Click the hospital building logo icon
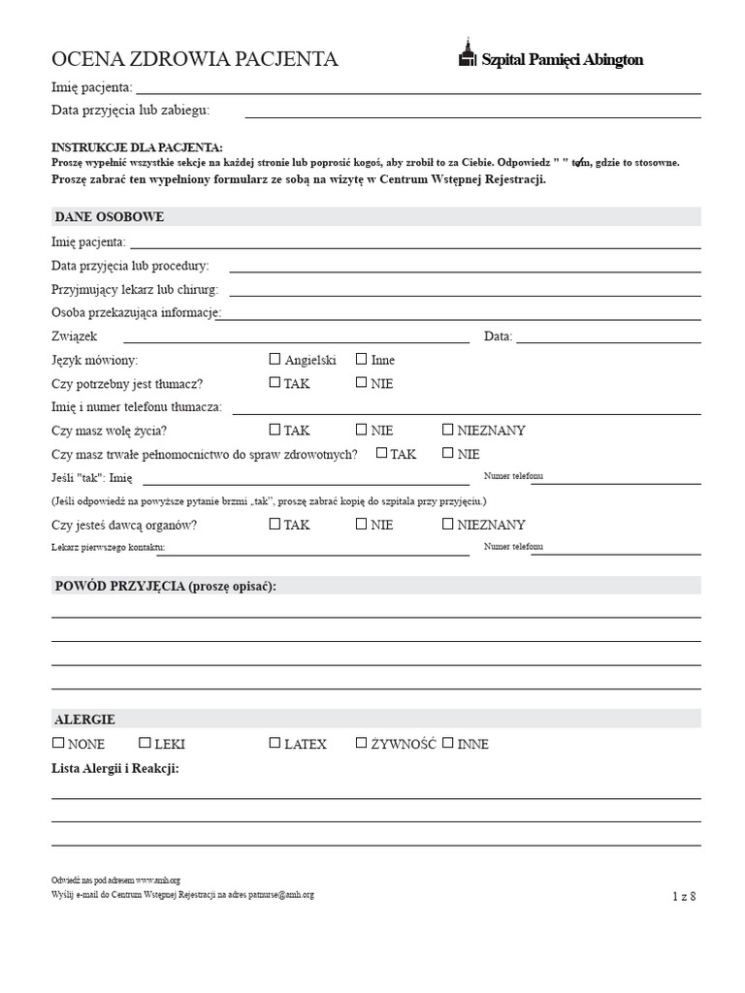[468, 55]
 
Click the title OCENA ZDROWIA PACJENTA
[194, 59]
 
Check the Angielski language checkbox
[275, 359]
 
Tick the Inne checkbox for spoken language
[361, 359]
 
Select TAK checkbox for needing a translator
[275, 383]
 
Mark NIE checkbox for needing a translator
[361, 383]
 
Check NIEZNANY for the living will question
[448, 430]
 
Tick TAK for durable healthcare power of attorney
[381, 453]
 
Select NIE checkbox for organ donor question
[361, 524]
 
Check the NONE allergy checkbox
[58, 744]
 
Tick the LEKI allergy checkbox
[145, 744]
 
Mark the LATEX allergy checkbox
[275, 744]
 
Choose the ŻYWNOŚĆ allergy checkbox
[361, 744]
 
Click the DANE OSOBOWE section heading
[109, 216]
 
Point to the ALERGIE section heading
[84, 720]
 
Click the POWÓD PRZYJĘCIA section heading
[165, 586]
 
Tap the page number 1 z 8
[684, 896]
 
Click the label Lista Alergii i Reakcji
[114, 768]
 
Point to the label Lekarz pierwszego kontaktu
[108, 548]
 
